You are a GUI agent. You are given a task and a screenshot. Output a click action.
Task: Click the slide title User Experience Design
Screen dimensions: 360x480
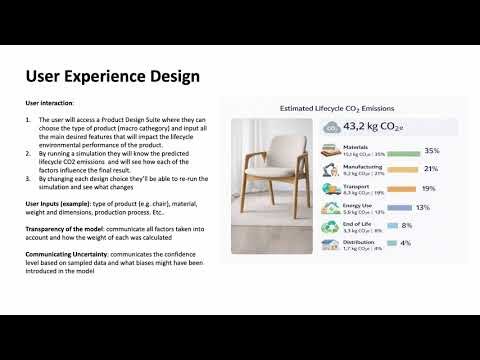(x=111, y=77)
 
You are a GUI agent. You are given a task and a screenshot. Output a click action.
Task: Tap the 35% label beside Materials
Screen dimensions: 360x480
(x=432, y=151)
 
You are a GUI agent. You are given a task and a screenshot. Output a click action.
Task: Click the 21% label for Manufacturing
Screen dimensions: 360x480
(x=430, y=169)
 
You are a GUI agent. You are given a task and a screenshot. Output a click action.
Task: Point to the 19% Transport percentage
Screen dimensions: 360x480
(x=427, y=188)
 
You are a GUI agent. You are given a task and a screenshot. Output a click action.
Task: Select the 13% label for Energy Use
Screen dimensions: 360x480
(x=422, y=207)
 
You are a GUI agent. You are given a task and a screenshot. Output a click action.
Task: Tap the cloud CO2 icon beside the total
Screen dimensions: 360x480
(x=330, y=127)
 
